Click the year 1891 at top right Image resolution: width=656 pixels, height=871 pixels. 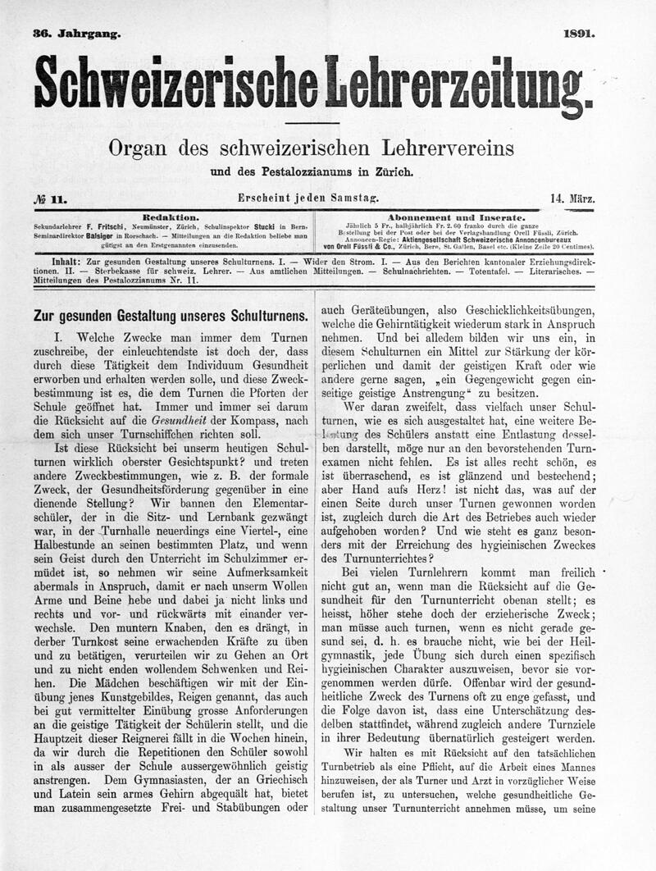tap(579, 34)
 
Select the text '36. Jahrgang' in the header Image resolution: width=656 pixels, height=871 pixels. tap(76, 34)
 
